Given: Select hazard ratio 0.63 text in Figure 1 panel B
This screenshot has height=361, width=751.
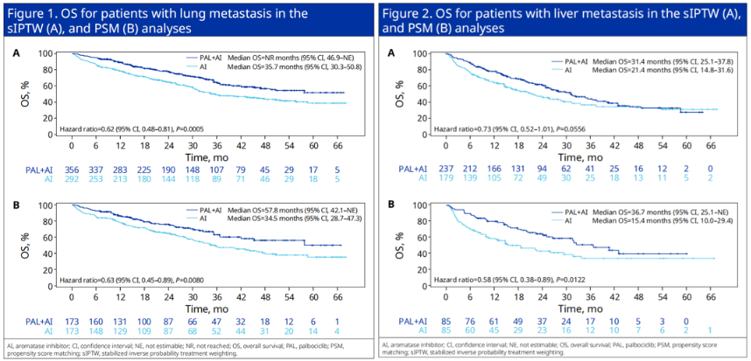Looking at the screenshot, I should pos(131,281).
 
